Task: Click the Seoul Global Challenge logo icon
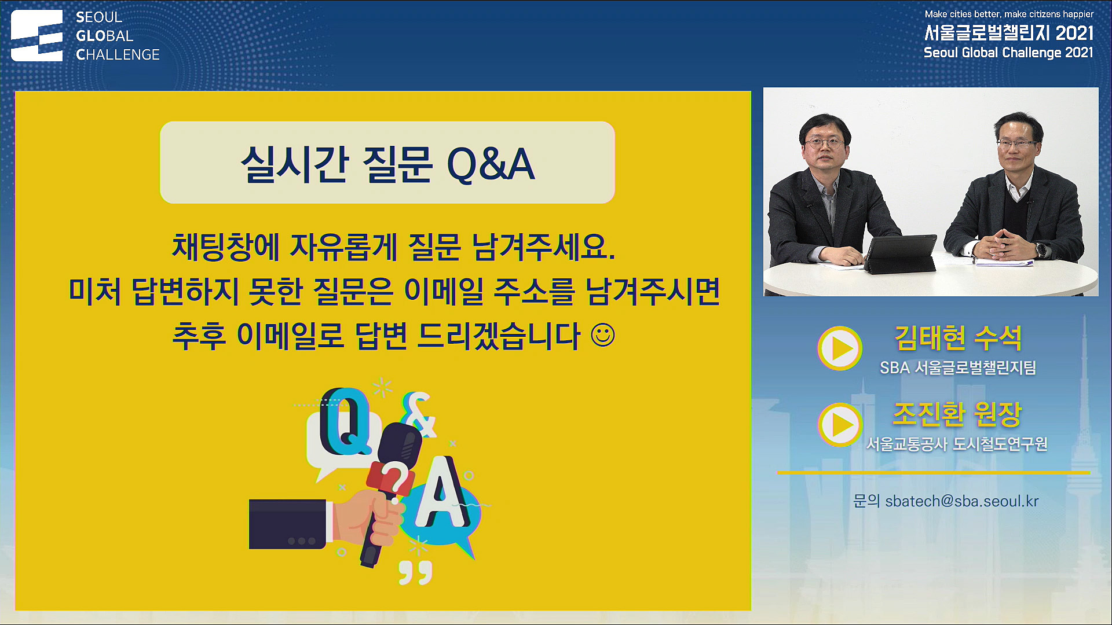(x=36, y=35)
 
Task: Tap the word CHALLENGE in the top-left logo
(x=118, y=54)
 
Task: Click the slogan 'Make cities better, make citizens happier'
(x=1009, y=14)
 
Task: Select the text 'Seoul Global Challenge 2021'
(x=1008, y=53)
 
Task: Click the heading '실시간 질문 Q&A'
(x=387, y=164)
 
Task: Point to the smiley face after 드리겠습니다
(x=603, y=335)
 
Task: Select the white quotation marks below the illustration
(x=415, y=572)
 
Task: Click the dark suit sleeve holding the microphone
(x=288, y=524)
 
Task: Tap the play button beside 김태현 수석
(x=840, y=348)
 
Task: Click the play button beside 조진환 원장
(x=840, y=424)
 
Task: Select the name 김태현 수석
(x=958, y=338)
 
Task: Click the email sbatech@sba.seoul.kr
(x=962, y=501)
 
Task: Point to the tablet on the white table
(x=900, y=253)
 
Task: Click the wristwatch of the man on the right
(x=1041, y=250)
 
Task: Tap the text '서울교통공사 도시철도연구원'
(x=957, y=444)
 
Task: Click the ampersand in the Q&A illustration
(x=419, y=414)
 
